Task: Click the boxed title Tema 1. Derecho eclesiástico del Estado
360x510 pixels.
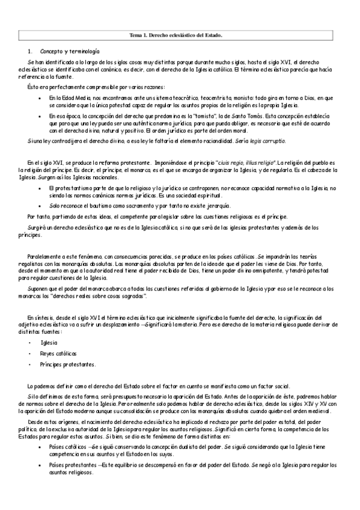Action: (176, 35)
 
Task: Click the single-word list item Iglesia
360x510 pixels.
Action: (49, 342)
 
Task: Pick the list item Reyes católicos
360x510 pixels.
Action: (59, 353)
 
